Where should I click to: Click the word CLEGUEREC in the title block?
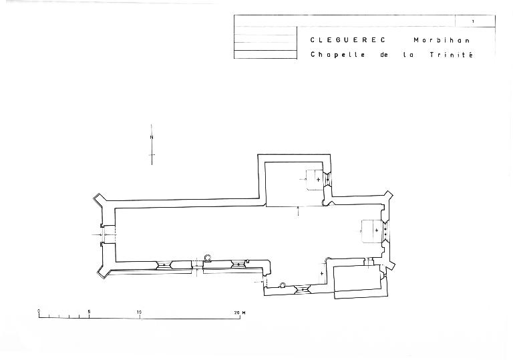[x=348, y=40]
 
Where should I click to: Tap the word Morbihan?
[x=442, y=40]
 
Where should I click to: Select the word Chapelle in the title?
[x=337, y=55]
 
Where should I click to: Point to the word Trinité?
[x=452, y=55]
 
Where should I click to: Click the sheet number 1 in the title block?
[x=473, y=21]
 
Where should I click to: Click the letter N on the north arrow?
[x=152, y=138]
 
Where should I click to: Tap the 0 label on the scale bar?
[x=39, y=311]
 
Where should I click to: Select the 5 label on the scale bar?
[x=89, y=311]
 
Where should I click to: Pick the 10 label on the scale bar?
[x=140, y=312]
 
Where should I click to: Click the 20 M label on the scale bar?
[x=240, y=313]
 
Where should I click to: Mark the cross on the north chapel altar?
[x=319, y=180]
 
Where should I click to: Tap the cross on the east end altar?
[x=377, y=230]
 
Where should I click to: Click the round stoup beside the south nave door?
[x=208, y=258]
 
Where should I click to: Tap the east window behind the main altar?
[x=385, y=230]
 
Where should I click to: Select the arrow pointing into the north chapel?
[x=298, y=212]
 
